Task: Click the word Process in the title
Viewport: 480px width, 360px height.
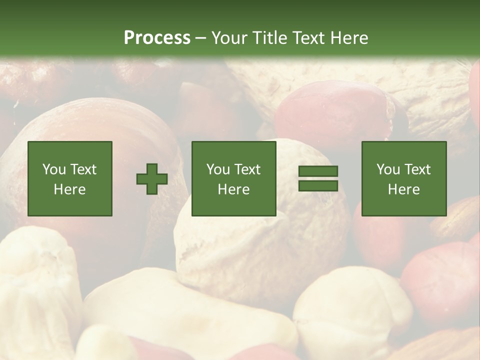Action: pyautogui.click(x=157, y=38)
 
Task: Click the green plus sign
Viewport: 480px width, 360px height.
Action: pyautogui.click(x=152, y=179)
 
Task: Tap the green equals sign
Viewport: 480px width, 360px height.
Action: pyautogui.click(x=318, y=178)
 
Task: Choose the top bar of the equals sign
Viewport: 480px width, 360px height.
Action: pyautogui.click(x=318, y=171)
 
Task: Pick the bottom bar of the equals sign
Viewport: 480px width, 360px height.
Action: pyautogui.click(x=318, y=185)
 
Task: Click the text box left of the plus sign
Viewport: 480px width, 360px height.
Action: pyautogui.click(x=70, y=178)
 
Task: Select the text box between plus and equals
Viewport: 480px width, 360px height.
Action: pyautogui.click(x=234, y=178)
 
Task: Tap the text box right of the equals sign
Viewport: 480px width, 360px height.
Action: pyautogui.click(x=404, y=178)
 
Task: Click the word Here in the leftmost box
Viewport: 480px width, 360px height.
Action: pyautogui.click(x=70, y=189)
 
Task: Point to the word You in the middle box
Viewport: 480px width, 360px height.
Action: pyautogui.click(x=218, y=169)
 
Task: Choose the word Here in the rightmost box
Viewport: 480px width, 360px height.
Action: pyautogui.click(x=404, y=189)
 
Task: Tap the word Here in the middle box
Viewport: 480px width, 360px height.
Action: pyautogui.click(x=234, y=189)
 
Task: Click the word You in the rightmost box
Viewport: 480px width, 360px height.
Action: pyautogui.click(x=388, y=169)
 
